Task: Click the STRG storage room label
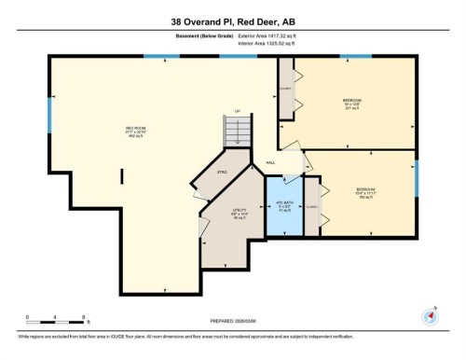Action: tap(222, 173)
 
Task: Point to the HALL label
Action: tap(270, 163)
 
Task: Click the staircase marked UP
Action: tap(237, 130)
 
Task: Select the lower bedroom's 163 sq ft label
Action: tap(364, 197)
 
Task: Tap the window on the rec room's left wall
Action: tap(49, 112)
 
